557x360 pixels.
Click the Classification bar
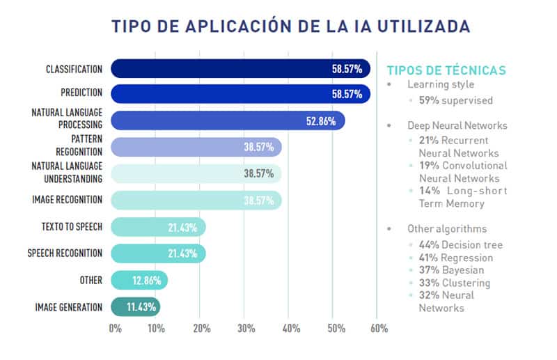pyautogui.click(x=240, y=69)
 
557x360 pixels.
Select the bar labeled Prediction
pyautogui.click(x=240, y=94)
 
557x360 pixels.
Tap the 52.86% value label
pyautogui.click(x=321, y=121)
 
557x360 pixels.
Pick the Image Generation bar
pyautogui.click(x=136, y=306)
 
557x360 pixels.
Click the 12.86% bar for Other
pyautogui.click(x=139, y=280)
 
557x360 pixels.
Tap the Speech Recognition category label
pyautogui.click(x=65, y=253)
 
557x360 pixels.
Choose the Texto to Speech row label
pyautogui.click(x=68, y=226)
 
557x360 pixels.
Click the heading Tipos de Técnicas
pyautogui.click(x=446, y=70)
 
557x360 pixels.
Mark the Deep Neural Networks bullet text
pyautogui.click(x=457, y=126)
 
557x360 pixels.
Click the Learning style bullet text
pyautogui.click(x=441, y=84)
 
